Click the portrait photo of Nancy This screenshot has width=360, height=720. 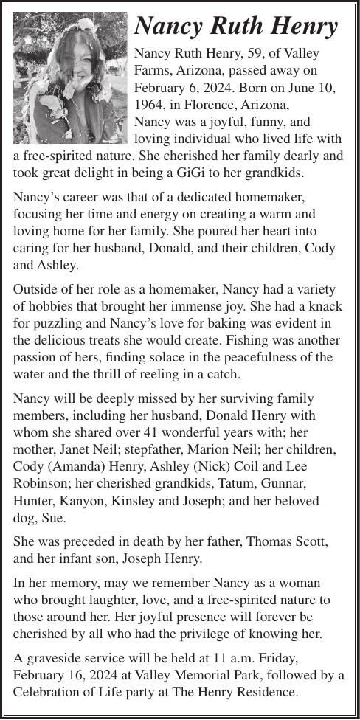click(x=71, y=78)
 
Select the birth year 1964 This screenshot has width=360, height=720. click(x=149, y=105)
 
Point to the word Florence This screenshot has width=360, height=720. click(x=204, y=105)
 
